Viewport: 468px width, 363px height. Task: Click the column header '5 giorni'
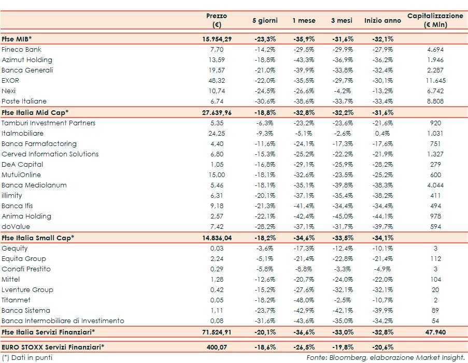point(265,20)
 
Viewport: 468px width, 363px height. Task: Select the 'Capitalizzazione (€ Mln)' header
point(435,20)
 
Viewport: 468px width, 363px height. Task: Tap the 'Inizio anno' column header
point(382,20)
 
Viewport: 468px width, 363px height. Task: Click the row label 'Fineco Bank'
point(21,50)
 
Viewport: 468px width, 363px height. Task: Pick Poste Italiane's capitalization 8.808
point(435,101)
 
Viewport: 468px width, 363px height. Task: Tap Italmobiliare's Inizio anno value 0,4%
point(382,134)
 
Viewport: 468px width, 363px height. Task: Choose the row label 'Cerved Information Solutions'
point(50,154)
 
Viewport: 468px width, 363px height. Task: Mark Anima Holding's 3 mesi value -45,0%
point(342,216)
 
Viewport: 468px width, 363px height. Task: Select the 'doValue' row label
point(16,227)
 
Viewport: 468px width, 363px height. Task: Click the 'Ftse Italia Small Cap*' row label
point(38,238)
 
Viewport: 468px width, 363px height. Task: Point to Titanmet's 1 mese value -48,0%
point(304,300)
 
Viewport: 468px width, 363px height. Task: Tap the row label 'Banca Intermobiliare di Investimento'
point(63,321)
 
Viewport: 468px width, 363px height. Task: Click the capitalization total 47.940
point(435,331)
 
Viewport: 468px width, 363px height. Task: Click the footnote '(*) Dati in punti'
point(27,357)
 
